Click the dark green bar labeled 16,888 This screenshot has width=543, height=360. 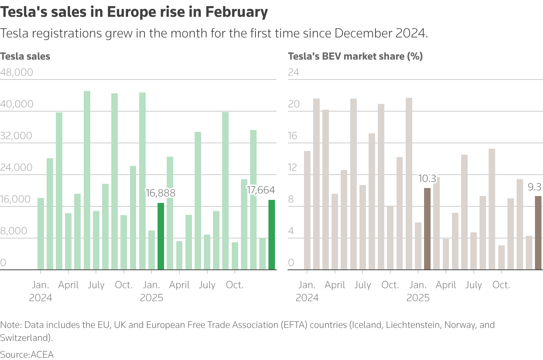[x=161, y=236]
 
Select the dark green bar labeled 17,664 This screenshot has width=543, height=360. [x=271, y=235]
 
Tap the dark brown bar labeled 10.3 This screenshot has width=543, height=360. [x=427, y=229]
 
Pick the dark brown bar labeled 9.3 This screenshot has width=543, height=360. [x=538, y=233]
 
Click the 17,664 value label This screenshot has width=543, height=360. [x=261, y=190]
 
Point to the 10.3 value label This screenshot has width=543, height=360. [x=427, y=178]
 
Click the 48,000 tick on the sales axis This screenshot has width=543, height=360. [x=16, y=72]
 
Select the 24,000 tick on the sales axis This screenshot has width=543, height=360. [x=16, y=167]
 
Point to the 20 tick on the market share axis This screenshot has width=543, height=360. [x=293, y=104]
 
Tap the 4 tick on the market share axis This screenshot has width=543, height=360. [x=291, y=231]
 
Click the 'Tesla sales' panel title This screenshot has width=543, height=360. [x=25, y=56]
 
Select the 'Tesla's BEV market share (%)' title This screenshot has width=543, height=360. [x=355, y=56]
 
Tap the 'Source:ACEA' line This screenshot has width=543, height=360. [x=27, y=354]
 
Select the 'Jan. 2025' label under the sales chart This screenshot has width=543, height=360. [x=151, y=291]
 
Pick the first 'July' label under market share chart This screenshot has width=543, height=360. [x=363, y=285]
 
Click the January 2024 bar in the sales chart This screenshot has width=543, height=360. [x=41, y=234]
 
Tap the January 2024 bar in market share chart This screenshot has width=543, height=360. [x=307, y=210]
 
